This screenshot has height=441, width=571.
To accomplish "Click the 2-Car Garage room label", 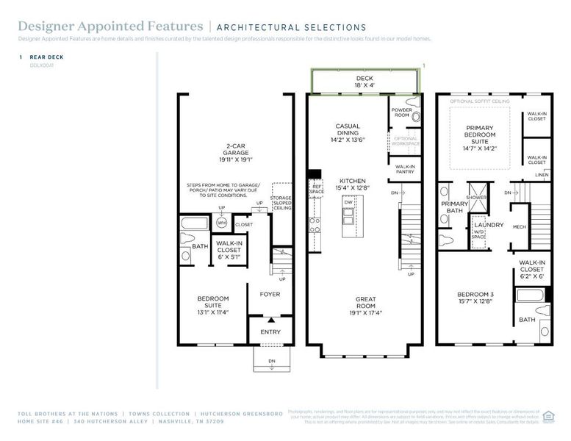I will pyautogui.click(x=236, y=153).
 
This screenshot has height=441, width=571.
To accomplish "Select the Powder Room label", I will pyautogui.click(x=401, y=112).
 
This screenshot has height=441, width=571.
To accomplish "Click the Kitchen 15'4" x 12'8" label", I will pyautogui.click(x=352, y=184).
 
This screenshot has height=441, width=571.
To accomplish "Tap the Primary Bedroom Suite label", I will pyautogui.click(x=481, y=137).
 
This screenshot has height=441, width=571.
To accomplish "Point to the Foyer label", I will pyautogui.click(x=269, y=294).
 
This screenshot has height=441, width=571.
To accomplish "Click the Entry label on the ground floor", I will pyautogui.click(x=270, y=331).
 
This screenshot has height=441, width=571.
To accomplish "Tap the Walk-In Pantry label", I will pyautogui.click(x=405, y=169).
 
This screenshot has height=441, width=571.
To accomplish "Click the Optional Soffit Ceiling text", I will pyautogui.click(x=479, y=101).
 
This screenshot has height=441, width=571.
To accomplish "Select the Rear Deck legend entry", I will pyautogui.click(x=46, y=57).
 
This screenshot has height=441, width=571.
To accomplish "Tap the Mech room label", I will pyautogui.click(x=519, y=227).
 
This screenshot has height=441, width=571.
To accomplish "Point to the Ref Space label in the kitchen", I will pyautogui.click(x=317, y=189).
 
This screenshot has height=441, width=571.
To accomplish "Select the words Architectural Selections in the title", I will pyautogui.click(x=291, y=27).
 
